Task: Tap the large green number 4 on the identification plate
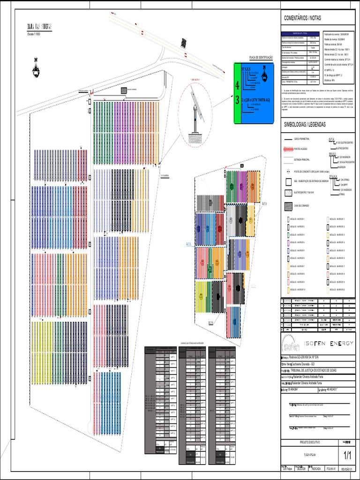[237, 86]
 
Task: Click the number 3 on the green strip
[237, 100]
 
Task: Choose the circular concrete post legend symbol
[287, 172]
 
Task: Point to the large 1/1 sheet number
[348, 455]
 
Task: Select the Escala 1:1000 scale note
[34, 35]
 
